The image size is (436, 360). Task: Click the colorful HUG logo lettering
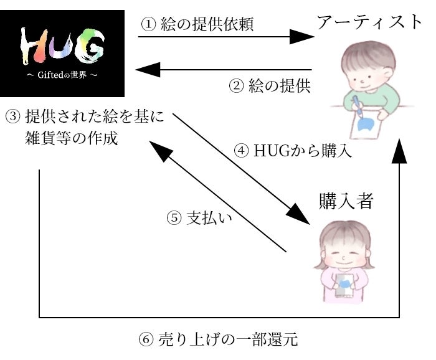pos(62,46)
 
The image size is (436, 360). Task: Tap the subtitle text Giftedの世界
pos(62,75)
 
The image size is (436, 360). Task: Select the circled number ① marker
pos(148,24)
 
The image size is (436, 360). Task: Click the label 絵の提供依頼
pos(207,24)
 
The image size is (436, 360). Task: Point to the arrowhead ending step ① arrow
pos(301,36)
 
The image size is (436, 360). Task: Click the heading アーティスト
pos(369,22)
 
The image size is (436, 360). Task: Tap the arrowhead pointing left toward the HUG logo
pos(148,70)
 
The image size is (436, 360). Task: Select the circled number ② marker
pos(236,85)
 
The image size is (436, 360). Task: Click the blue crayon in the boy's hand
pos(358,106)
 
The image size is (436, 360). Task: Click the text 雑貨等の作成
pos(72,138)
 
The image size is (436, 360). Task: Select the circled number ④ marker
pos(242,151)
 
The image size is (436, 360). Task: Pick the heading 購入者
pos(346,201)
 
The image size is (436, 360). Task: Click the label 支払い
pos(209,217)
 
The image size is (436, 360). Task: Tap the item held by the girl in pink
pos(344,285)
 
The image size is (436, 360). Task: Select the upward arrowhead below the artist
pos(399,151)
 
